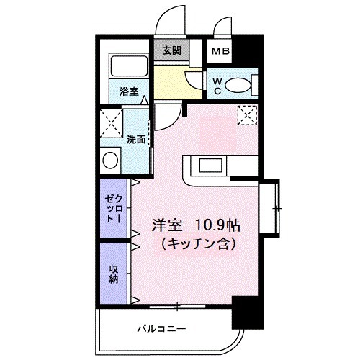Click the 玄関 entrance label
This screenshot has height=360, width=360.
171,52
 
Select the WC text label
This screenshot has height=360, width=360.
216,86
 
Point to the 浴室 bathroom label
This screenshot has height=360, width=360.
128,91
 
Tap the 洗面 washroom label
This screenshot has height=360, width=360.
137,139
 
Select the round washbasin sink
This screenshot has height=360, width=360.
110,159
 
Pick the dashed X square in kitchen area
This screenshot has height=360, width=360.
247,114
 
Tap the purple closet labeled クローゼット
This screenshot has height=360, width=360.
111,207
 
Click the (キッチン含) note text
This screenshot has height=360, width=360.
194,243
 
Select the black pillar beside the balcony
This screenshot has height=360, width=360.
243,317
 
